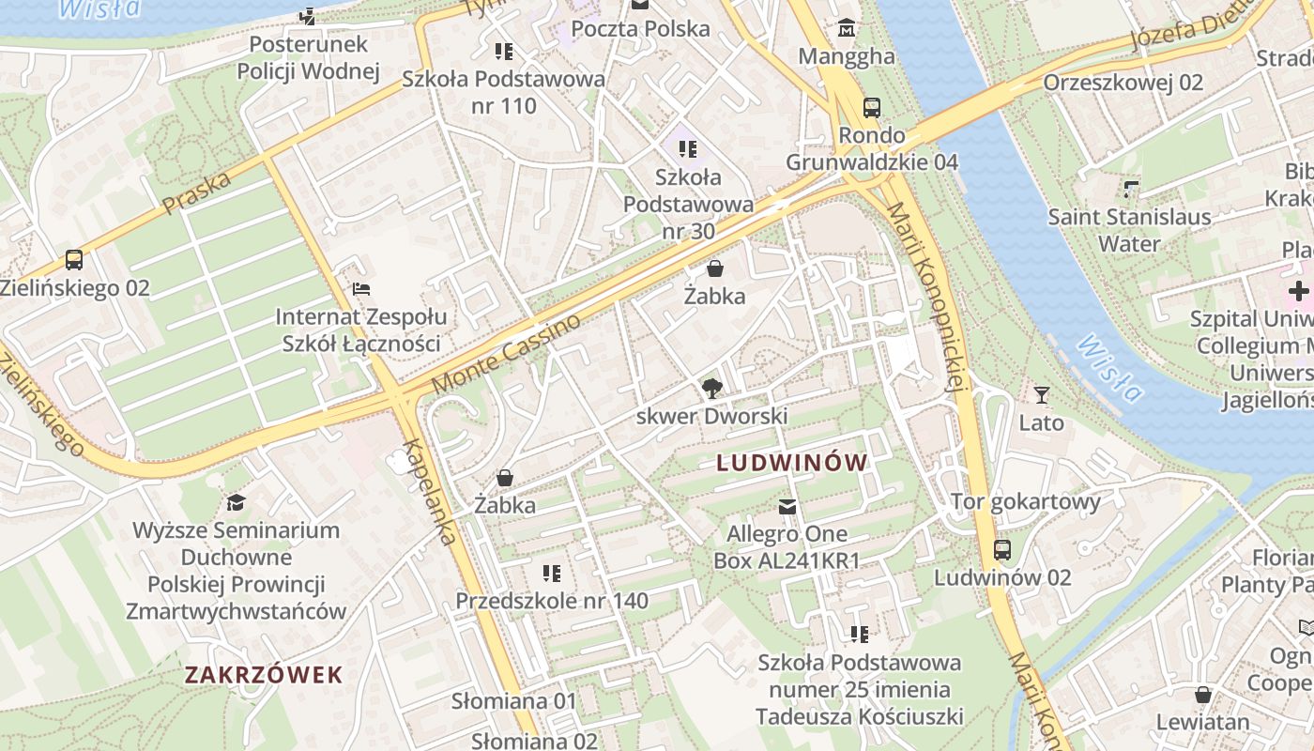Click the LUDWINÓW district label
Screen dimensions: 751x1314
coord(792,463)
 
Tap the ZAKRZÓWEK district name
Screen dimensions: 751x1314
coord(264,674)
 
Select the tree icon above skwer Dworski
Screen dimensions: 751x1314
coord(712,389)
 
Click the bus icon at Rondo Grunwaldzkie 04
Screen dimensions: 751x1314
coord(872,107)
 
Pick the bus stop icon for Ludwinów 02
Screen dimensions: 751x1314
coord(1002,550)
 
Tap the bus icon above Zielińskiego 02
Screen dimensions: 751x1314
coord(74,260)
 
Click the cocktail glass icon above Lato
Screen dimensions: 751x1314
coord(1041,395)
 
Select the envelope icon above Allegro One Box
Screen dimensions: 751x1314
coord(787,507)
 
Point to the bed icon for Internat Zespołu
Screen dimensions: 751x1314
coord(360,289)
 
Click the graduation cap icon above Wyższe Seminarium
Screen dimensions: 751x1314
coord(236,502)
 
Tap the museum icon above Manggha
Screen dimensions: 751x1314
coord(847,28)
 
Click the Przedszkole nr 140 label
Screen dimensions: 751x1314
coord(552,601)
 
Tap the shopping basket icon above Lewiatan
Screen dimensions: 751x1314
coord(1202,695)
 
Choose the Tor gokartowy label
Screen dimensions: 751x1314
coord(1025,501)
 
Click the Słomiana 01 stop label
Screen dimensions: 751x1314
coord(513,701)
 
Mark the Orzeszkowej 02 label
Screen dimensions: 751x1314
coord(1123,83)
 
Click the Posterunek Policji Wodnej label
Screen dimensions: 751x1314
coord(308,57)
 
